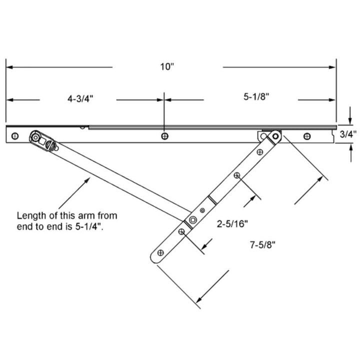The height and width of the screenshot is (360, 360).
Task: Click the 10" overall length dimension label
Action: tap(167, 67)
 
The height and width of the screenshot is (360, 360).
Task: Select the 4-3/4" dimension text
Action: tap(80, 99)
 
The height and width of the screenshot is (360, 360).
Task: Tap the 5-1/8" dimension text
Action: tap(256, 98)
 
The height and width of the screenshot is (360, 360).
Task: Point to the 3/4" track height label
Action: tap(348, 134)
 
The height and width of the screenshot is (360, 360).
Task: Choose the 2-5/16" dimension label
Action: tap(232, 224)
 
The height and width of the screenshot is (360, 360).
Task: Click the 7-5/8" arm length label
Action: tap(263, 244)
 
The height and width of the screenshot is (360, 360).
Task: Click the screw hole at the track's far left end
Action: tap(15, 135)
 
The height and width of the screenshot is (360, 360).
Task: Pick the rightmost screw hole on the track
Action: tap(307, 136)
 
